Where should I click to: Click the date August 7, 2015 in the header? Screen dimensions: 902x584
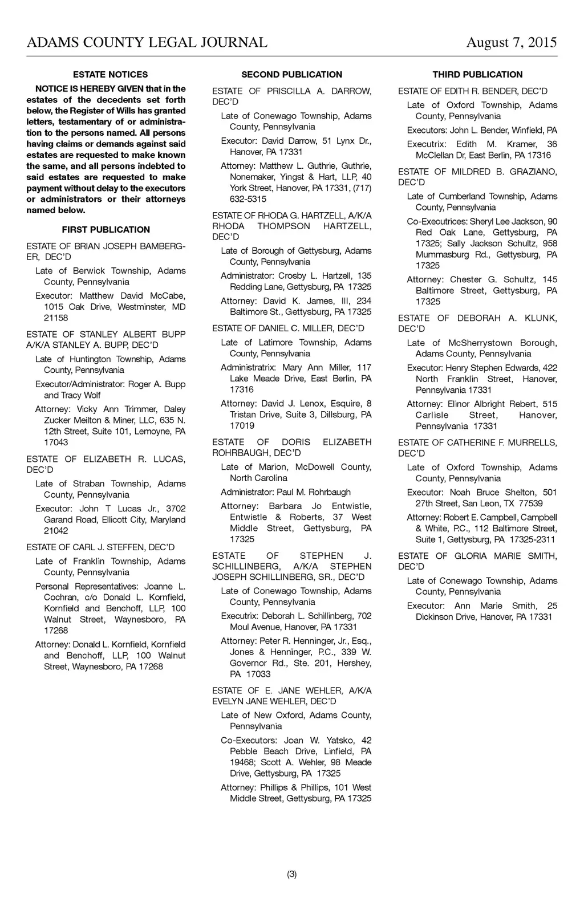pyautogui.click(x=511, y=43)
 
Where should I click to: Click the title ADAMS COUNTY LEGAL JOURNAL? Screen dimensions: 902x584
pyautogui.click(x=147, y=43)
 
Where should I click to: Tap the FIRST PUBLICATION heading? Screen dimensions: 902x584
pyautogui.click(x=106, y=230)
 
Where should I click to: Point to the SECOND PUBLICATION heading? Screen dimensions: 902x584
pyautogui.click(x=291, y=75)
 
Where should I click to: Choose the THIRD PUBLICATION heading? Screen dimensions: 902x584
pyautogui.click(x=477, y=75)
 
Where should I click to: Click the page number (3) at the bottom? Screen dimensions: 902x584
pyautogui.click(x=292, y=874)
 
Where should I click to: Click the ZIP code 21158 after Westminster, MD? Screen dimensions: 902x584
pyautogui.click(x=56, y=318)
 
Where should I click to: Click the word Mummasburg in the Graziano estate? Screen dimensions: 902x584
pyautogui.click(x=439, y=254)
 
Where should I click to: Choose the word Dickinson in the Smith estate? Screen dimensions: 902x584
pyautogui.click(x=436, y=617)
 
